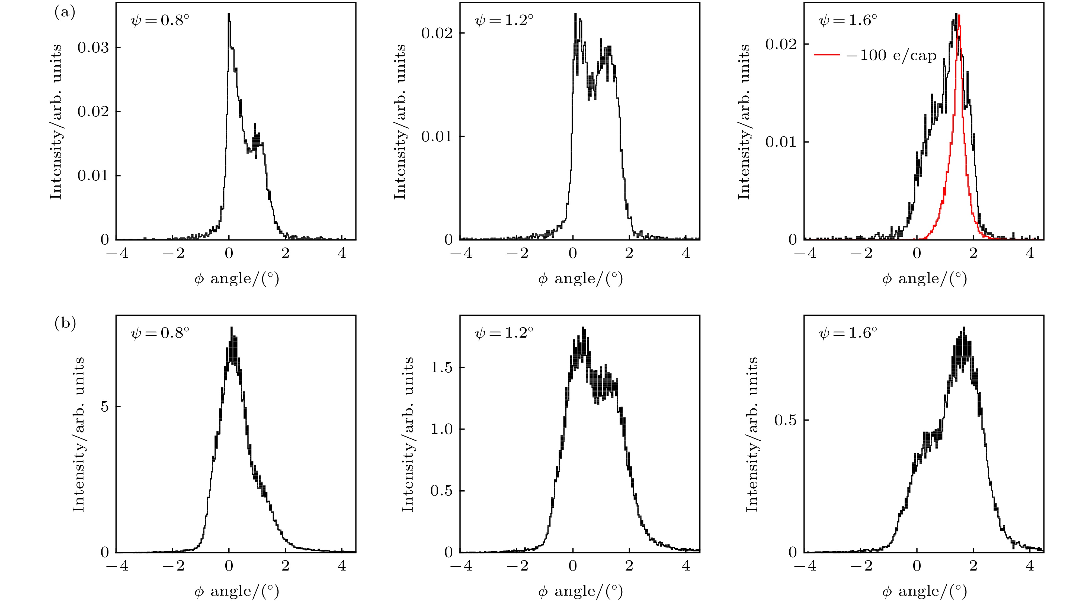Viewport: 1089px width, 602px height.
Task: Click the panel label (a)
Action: click(65, 13)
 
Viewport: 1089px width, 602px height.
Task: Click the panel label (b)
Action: click(65, 324)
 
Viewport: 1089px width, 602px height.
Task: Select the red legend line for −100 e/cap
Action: click(827, 55)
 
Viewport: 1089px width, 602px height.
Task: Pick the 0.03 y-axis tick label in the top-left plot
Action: click(93, 47)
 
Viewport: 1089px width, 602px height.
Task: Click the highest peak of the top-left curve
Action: click(229, 14)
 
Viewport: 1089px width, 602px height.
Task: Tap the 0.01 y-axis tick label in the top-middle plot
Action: click(437, 137)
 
